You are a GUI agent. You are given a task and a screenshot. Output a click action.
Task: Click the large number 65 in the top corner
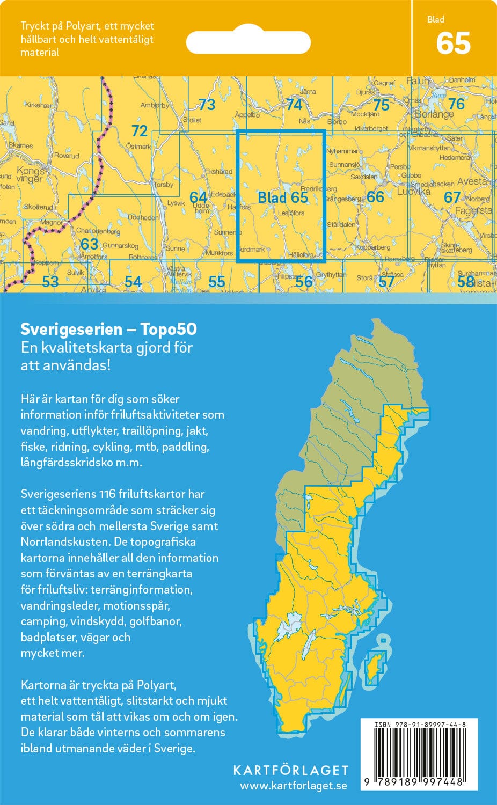coord(454,43)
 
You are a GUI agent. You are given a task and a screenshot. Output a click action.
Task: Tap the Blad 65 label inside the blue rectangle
coord(283,197)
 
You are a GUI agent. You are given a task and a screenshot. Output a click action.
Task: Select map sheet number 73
coord(207,104)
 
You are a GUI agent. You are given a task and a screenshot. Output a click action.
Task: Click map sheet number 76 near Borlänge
coord(456,103)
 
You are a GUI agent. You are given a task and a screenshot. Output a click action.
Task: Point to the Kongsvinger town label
coord(30,175)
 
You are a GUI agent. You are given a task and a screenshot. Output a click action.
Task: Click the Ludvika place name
coord(414,191)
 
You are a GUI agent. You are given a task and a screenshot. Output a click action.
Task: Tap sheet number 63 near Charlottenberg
coord(89,244)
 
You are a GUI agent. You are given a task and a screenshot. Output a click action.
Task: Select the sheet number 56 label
coord(304,281)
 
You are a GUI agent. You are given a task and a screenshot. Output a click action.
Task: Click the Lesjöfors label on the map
coord(291,213)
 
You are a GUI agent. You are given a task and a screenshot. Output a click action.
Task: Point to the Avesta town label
coord(472,181)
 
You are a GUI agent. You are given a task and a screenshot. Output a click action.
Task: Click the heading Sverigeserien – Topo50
coord(108,328)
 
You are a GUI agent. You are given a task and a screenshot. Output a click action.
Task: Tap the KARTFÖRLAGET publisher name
coord(290,770)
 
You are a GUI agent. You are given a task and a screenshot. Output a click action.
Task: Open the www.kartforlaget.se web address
coord(294,786)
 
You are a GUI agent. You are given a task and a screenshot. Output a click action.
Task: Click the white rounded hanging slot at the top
coord(248,42)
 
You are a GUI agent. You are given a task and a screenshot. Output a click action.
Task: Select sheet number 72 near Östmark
coord(140,130)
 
